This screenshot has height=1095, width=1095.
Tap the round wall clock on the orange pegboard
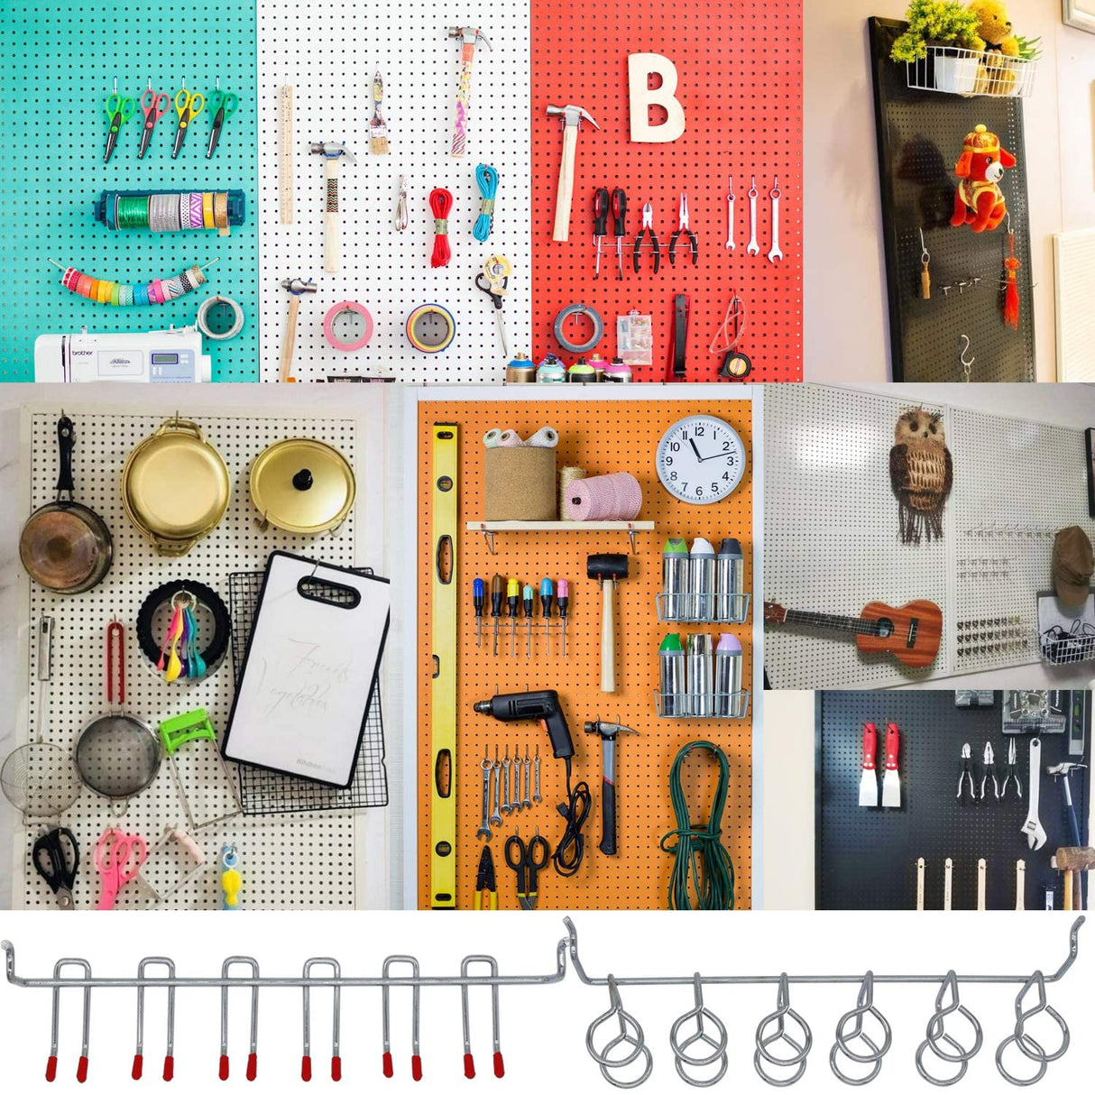[x=701, y=458]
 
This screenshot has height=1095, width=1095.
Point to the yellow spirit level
[x=444, y=663]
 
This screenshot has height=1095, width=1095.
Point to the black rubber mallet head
[x=607, y=566]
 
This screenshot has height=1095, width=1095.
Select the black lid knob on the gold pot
[x=301, y=477]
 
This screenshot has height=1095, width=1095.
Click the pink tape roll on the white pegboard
[x=348, y=325]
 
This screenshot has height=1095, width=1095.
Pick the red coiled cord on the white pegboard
[x=439, y=225]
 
